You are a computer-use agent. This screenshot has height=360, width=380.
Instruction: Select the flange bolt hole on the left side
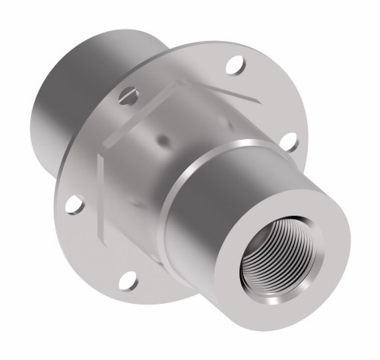pyautogui.click(x=73, y=204)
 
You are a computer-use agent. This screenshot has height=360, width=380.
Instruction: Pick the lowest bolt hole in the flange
pyautogui.click(x=128, y=278)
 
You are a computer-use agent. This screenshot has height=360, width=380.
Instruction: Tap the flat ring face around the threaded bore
pyautogui.click(x=319, y=228)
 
